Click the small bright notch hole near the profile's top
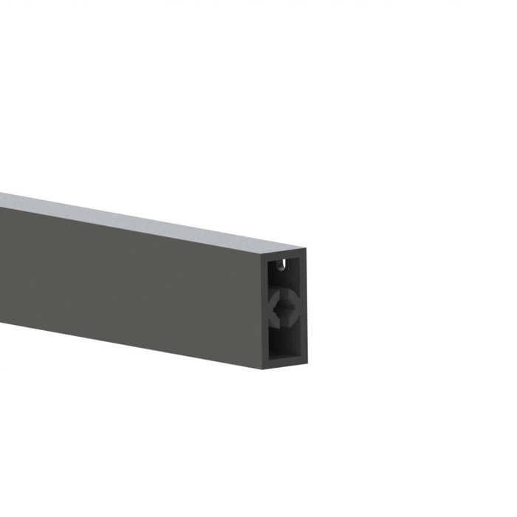coord(281,262)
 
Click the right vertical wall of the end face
coord(303,310)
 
